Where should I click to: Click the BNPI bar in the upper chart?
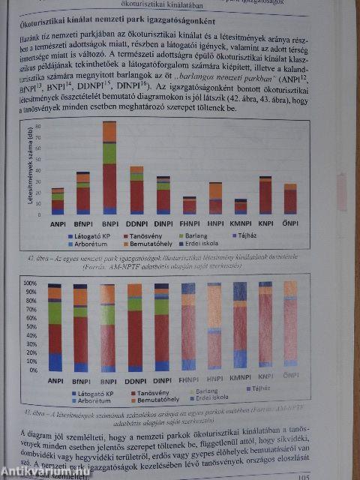coord(109,169)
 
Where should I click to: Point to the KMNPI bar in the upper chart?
coord(241,207)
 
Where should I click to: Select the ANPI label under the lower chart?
coord(55,380)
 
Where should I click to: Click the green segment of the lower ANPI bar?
coord(55,313)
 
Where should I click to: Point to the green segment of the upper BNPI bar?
coord(109,153)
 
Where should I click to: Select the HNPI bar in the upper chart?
coord(215,199)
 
